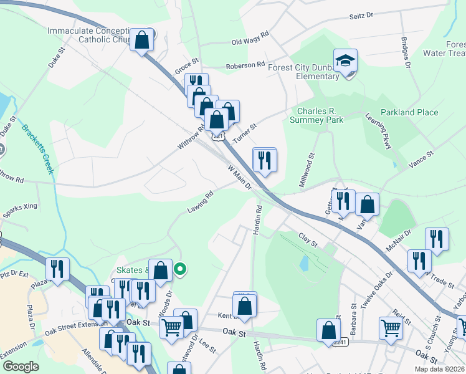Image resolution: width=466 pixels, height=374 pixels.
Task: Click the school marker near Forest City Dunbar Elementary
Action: click(345, 61)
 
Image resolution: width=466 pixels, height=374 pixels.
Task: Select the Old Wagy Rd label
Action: click(249, 38)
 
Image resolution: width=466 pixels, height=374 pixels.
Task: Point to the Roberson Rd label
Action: click(245, 65)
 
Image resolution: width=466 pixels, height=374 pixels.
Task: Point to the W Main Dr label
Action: click(239, 178)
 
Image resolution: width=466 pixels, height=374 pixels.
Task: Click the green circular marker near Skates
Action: click(180, 269)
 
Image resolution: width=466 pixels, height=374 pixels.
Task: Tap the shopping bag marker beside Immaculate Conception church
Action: click(142, 40)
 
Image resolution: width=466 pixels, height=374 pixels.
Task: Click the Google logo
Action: click(21, 366)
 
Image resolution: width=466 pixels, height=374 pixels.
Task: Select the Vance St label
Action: click(420, 159)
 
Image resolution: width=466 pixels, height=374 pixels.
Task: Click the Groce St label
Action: click(186, 65)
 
